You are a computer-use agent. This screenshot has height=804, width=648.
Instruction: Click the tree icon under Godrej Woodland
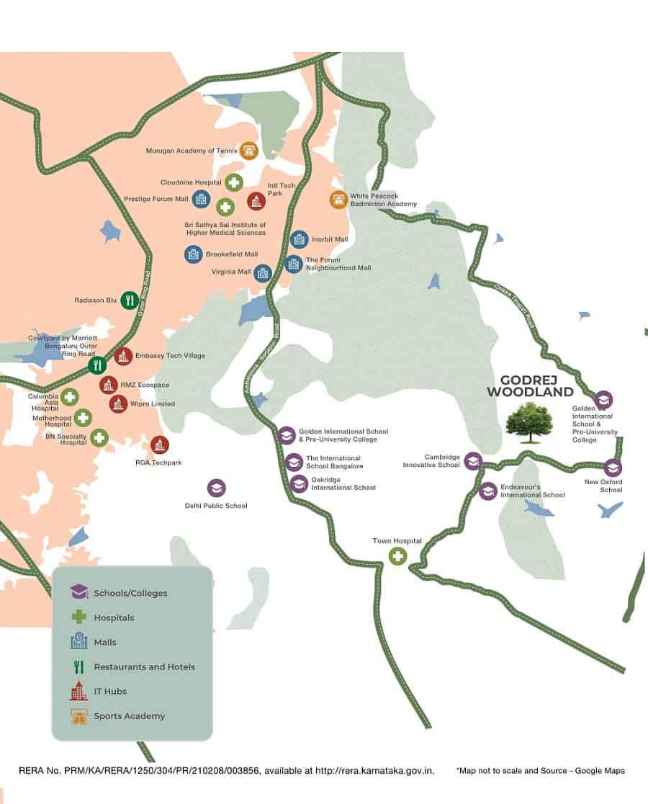pos(528,422)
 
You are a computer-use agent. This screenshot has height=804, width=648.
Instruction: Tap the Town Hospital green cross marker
pos(397,556)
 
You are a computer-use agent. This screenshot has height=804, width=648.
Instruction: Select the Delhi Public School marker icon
pos(216,488)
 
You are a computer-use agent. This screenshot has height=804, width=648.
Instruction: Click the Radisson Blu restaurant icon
pos(130,300)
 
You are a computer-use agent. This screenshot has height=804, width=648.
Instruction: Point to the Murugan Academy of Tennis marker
pos(249,151)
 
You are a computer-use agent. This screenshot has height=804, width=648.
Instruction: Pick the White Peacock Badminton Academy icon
pos(338,200)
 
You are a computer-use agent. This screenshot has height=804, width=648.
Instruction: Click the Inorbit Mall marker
pos(299,240)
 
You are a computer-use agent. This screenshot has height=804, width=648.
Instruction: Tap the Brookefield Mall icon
pos(193,254)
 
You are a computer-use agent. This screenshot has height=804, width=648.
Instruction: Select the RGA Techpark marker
pos(159,445)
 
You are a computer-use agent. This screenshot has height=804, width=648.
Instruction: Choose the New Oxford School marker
pos(612,468)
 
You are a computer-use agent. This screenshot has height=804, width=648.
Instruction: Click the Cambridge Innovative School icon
pos(472,461)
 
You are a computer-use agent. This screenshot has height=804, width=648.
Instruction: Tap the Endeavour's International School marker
pos(488,491)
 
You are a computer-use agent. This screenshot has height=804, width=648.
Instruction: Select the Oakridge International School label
pos(343,483)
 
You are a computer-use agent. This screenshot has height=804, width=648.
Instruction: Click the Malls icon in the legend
pos(79,642)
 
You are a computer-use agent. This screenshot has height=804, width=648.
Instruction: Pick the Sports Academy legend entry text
pos(130,716)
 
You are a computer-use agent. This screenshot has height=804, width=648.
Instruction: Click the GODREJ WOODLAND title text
pos(530,386)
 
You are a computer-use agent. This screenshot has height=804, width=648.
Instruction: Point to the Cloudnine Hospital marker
pos(233,183)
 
